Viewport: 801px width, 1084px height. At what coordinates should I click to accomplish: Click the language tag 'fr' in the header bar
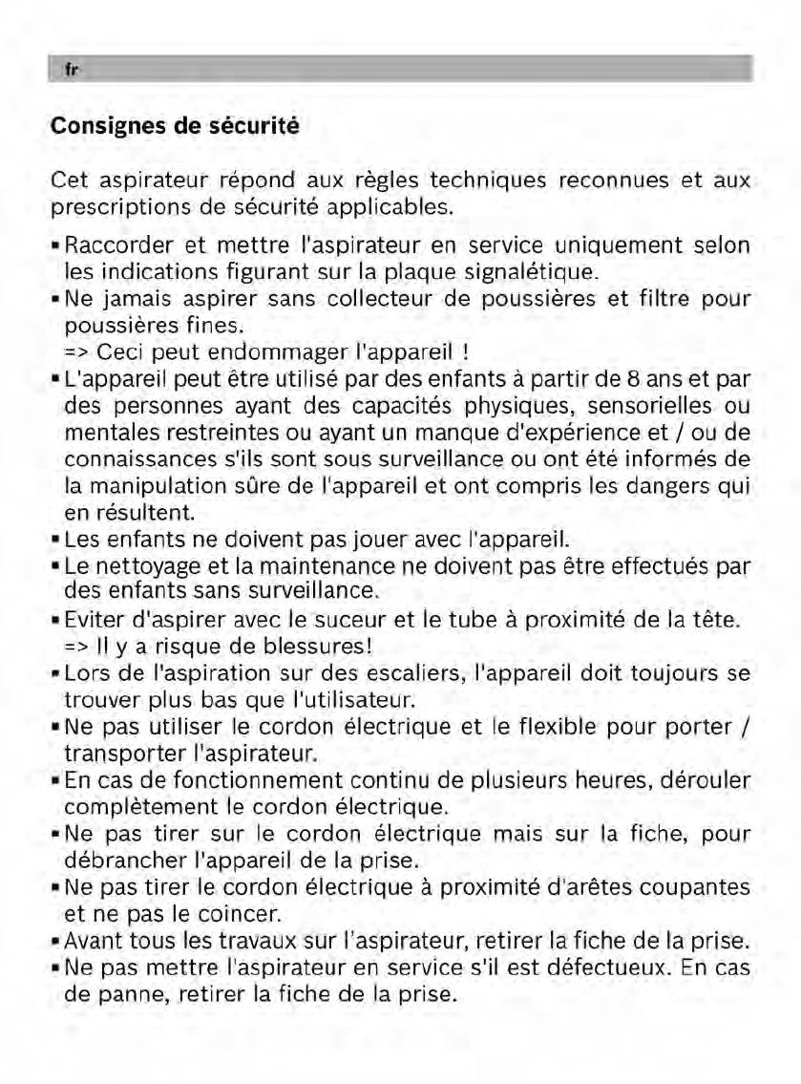pos(70,70)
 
